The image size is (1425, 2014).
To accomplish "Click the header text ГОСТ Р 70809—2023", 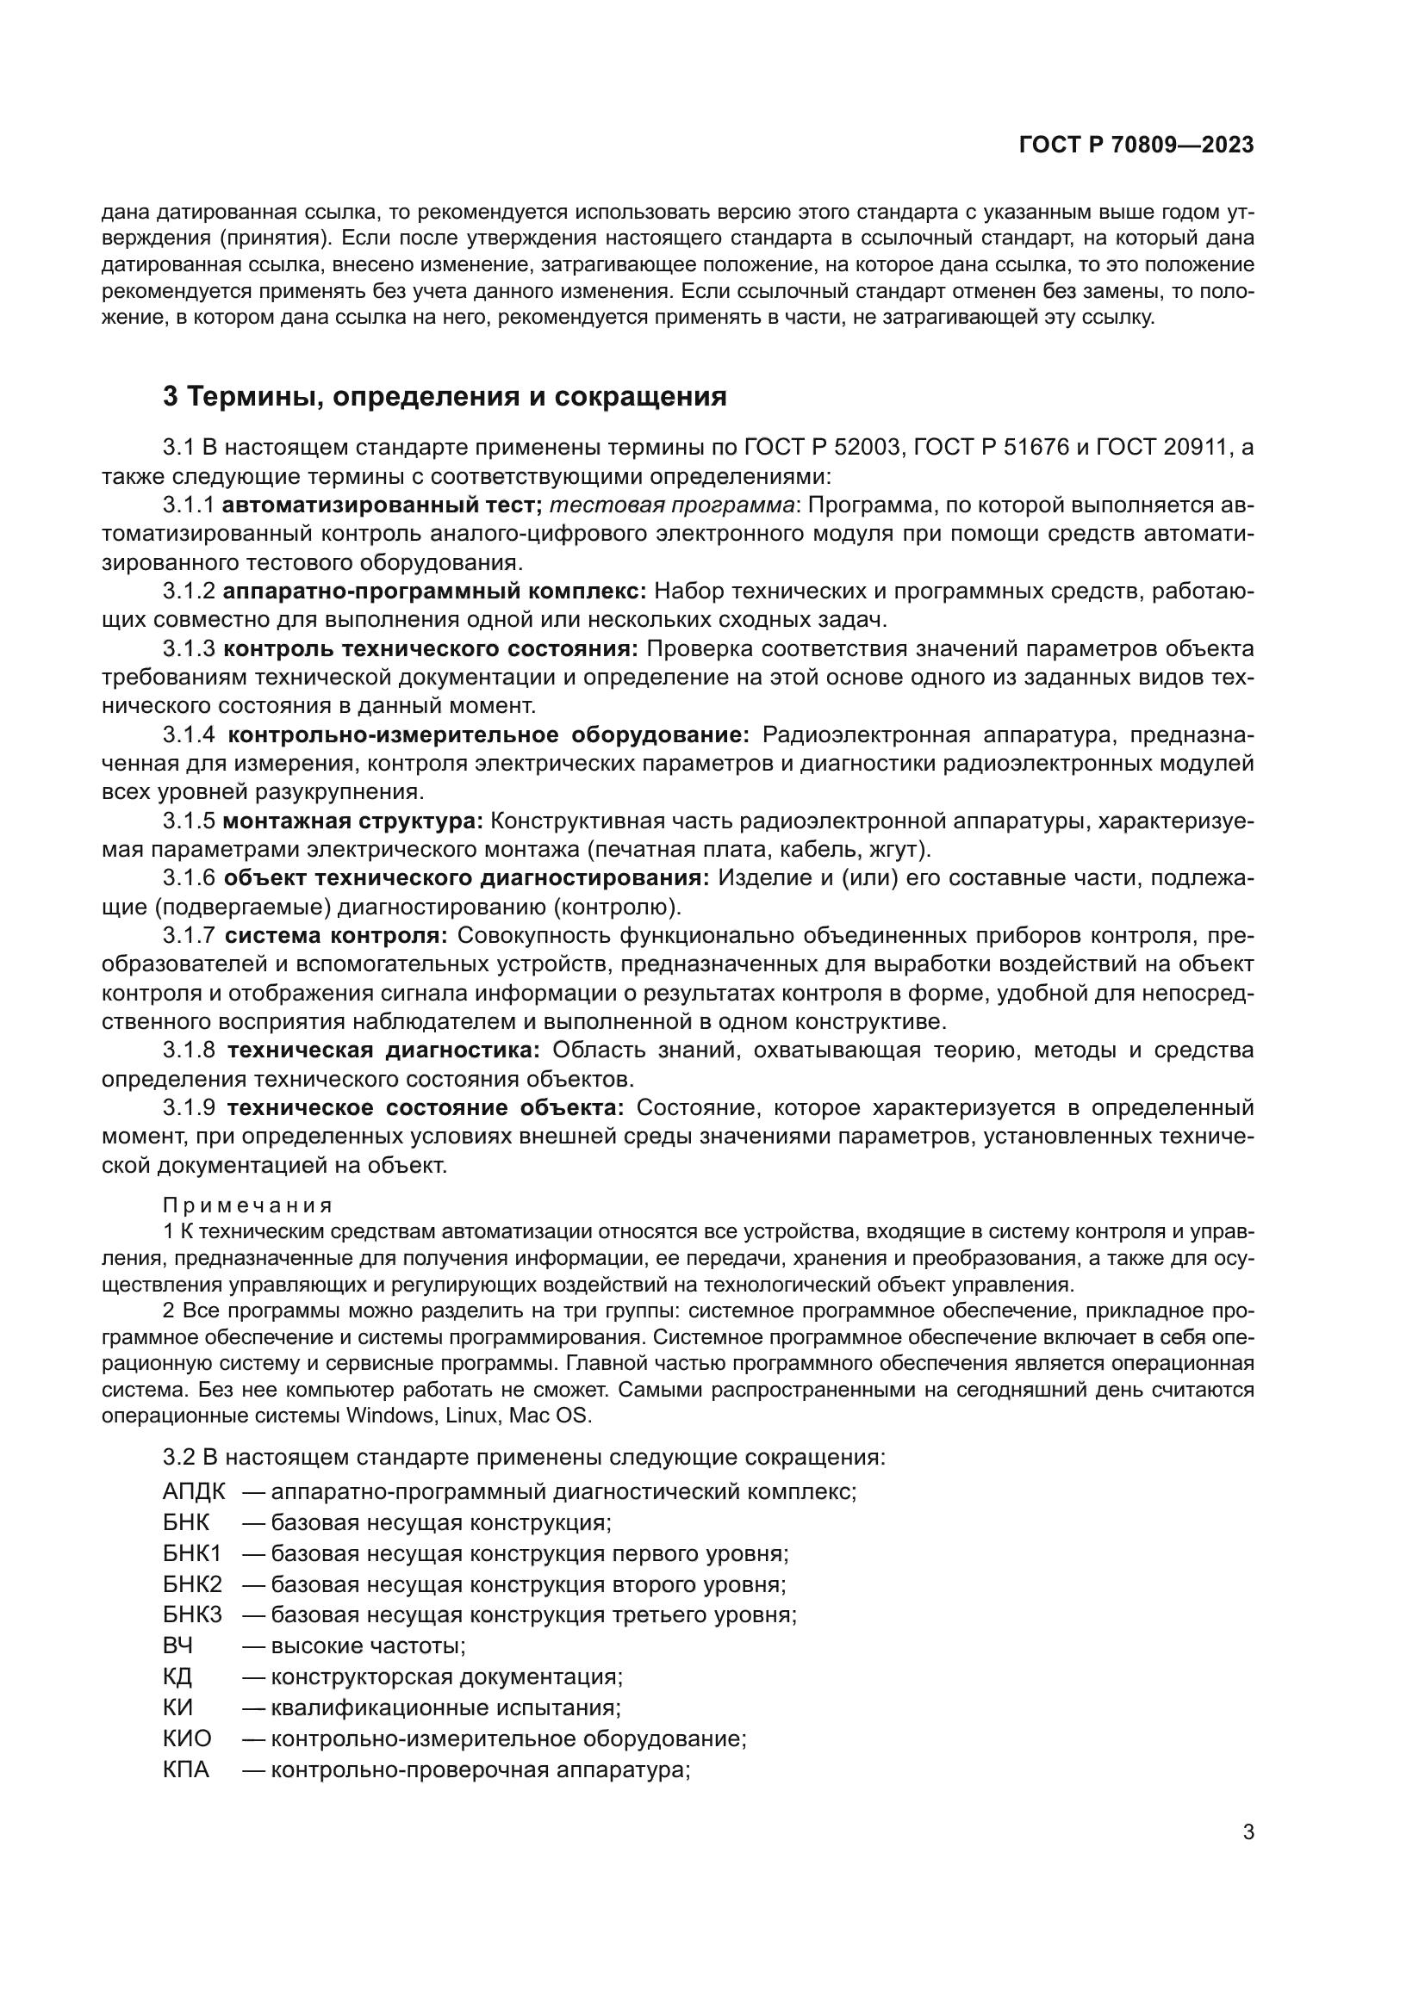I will coord(1136,146).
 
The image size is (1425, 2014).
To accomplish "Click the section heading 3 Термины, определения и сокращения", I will coord(445,396).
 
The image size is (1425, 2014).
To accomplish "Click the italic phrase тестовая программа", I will coord(672,505).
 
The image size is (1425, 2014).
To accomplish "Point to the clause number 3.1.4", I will coord(189,734).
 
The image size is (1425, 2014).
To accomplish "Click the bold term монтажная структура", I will coord(352,821).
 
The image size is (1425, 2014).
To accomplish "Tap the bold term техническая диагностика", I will coord(384,1050).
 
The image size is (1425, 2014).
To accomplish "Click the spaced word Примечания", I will coord(247,1205).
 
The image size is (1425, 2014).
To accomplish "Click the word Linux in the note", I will coord(474,1416).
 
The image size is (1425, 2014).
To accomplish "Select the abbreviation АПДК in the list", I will coord(194,1491).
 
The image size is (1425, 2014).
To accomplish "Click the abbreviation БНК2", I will coord(192,1584).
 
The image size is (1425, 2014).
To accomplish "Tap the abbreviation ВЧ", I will coord(177,1645).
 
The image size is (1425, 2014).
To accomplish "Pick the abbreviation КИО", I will coord(187,1738).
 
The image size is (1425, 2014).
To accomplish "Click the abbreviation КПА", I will coord(186,1769).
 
